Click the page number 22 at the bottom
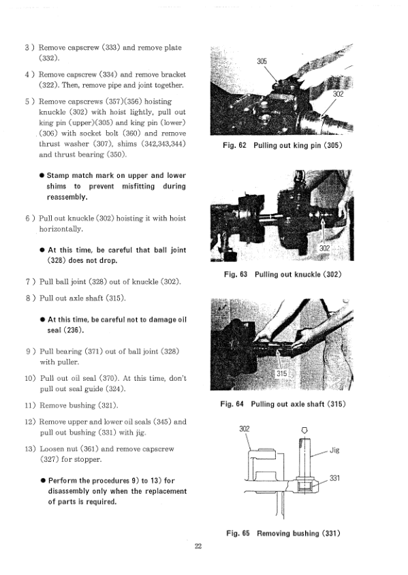tap(198, 546)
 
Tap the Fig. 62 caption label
tap(234, 145)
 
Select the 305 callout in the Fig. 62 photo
tap(262, 61)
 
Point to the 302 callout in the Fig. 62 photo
tap(338, 94)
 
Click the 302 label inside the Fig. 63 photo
tap(324, 248)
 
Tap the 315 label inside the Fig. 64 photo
tap(281, 373)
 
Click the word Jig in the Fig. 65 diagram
tap(334, 450)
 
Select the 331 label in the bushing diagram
tap(334, 478)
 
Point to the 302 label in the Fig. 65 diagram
tap(244, 429)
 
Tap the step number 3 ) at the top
tap(30, 48)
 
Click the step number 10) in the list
tap(30, 378)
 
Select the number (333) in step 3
tap(111, 48)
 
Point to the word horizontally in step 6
tap(61, 229)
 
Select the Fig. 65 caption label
tap(238, 533)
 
